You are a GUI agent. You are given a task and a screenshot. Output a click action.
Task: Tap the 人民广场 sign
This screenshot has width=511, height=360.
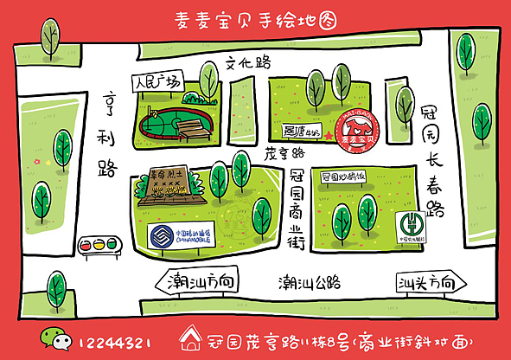tap(157, 84)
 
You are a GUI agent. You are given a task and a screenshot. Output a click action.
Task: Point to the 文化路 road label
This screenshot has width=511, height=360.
tap(248, 62)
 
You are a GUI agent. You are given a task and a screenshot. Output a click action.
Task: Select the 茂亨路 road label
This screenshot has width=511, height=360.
tap(286, 152)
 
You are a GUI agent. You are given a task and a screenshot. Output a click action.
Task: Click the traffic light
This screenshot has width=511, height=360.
tap(98, 244)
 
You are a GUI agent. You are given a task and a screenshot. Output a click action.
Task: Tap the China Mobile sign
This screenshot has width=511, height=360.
tap(180, 235)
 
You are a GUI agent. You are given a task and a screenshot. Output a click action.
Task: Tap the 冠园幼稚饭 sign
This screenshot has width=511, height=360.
tap(343, 177)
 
